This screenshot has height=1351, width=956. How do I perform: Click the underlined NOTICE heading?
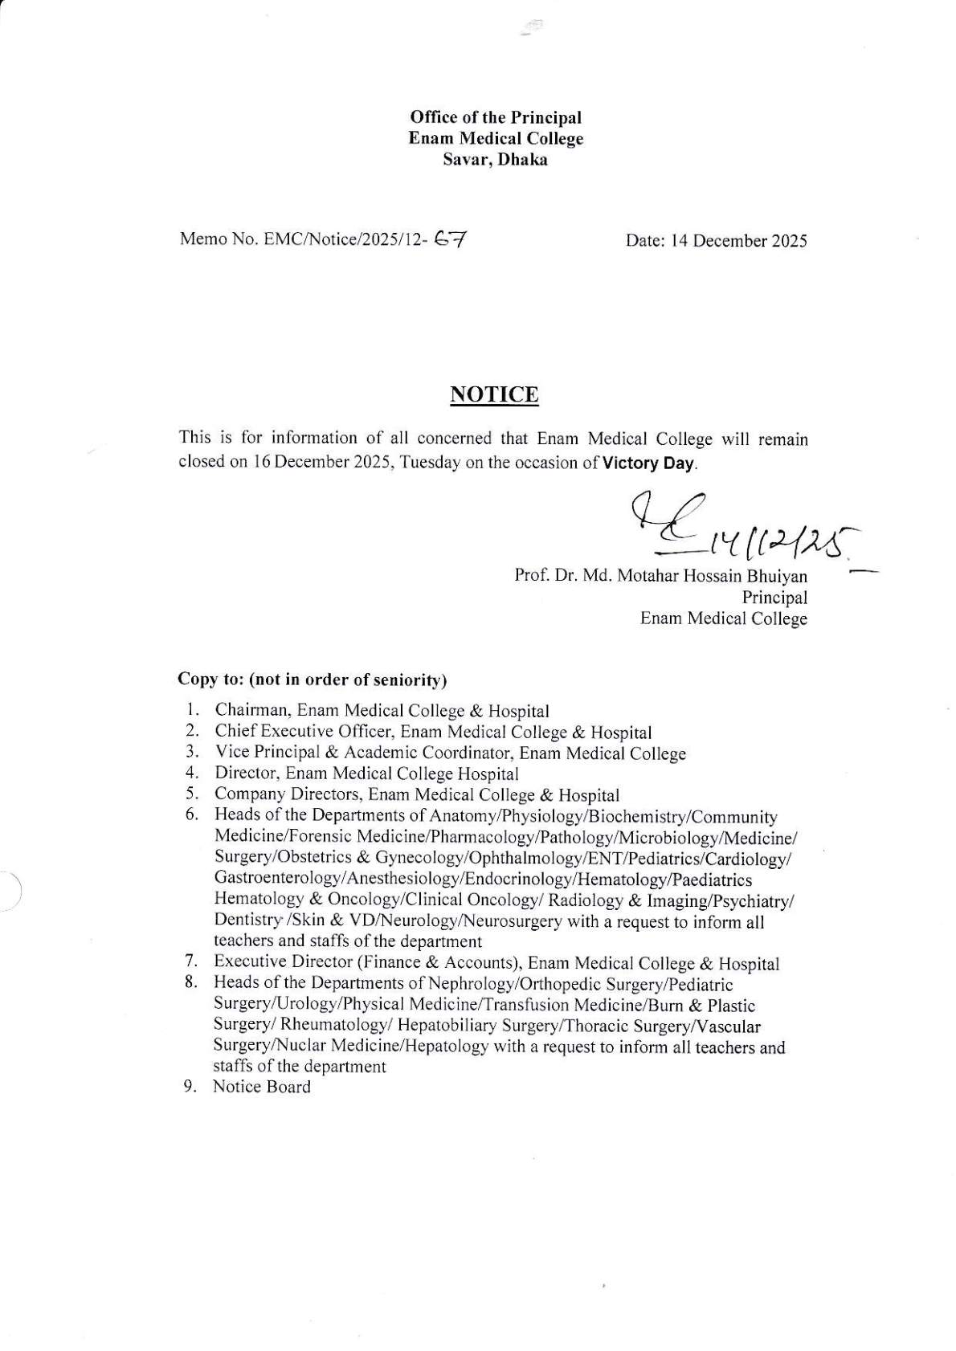point(494,394)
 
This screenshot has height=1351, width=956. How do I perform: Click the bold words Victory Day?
point(649,463)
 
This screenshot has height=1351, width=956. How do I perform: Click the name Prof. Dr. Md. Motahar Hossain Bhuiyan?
point(660,576)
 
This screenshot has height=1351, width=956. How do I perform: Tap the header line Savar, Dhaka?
point(495,160)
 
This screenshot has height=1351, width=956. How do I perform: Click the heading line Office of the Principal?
point(495,117)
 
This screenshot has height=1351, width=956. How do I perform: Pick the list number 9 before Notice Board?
point(190,1087)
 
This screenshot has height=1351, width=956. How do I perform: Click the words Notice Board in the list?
point(261,1087)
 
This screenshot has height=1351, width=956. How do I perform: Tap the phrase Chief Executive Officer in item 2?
point(302,732)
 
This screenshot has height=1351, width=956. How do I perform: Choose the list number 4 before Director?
point(191,773)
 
